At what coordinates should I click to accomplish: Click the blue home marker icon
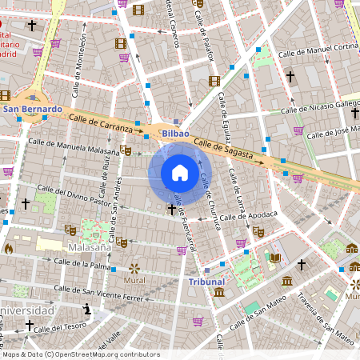pos(180,173)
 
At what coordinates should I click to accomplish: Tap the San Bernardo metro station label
pos(32,109)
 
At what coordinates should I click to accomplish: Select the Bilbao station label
pos(175,133)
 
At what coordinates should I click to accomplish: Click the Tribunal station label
pos(206,282)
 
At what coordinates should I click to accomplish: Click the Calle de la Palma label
pos(82,263)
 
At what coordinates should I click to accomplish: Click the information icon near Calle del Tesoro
pos(86,308)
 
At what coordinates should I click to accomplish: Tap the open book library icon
pos(275,258)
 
